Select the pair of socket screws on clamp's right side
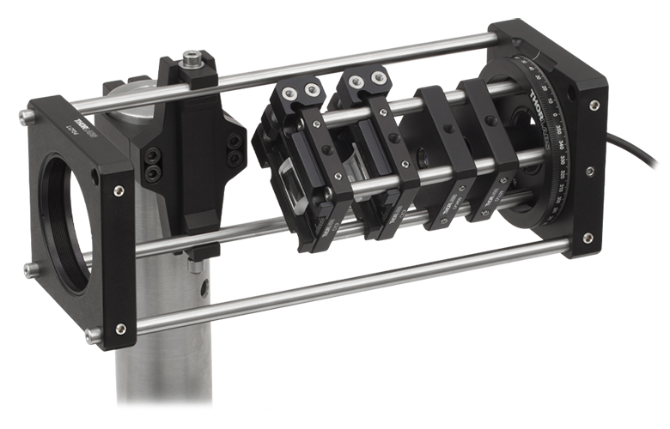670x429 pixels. point(233,149)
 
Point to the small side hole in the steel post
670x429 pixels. point(195,267)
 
